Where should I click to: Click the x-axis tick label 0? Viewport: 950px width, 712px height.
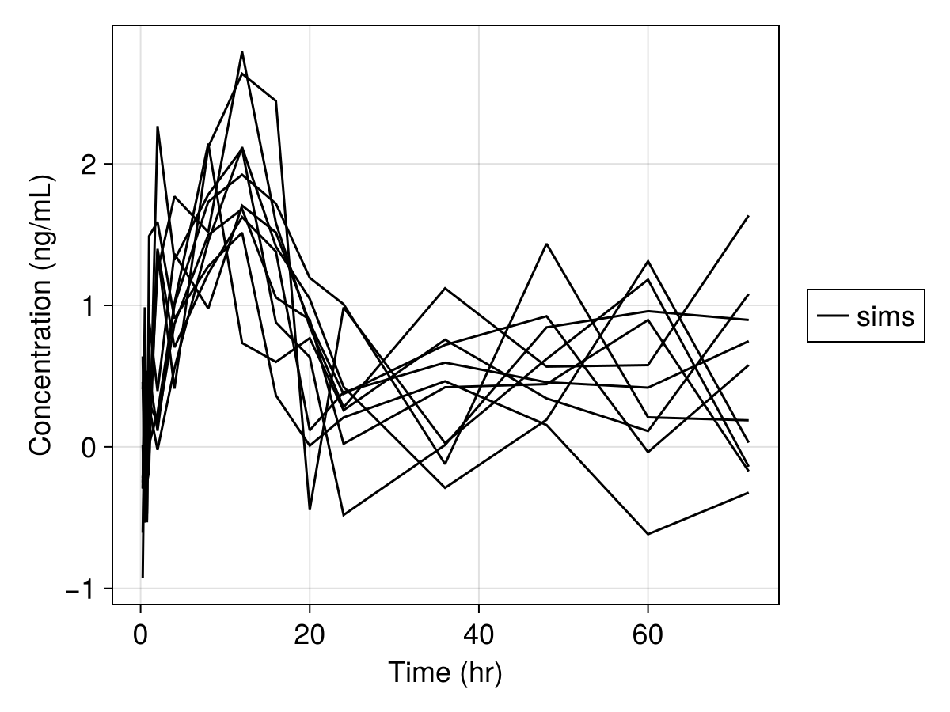140,634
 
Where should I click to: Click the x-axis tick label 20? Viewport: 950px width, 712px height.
310,634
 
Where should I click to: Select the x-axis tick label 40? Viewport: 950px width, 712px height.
478,634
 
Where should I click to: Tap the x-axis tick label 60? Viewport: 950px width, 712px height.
648,634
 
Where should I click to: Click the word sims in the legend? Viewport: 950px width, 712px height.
885,316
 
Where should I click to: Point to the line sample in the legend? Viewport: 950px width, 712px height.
833,316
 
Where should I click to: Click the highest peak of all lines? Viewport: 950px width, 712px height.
241,52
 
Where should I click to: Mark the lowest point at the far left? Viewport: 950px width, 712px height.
142,578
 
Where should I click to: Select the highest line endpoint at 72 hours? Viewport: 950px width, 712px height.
748,216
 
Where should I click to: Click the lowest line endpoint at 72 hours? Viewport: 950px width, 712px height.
748,493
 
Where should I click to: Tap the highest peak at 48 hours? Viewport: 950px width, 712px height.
546,244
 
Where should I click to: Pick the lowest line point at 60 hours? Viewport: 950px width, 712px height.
648,535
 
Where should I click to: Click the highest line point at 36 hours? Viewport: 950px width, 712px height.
446,288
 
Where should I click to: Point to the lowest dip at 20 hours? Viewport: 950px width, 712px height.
310,509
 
